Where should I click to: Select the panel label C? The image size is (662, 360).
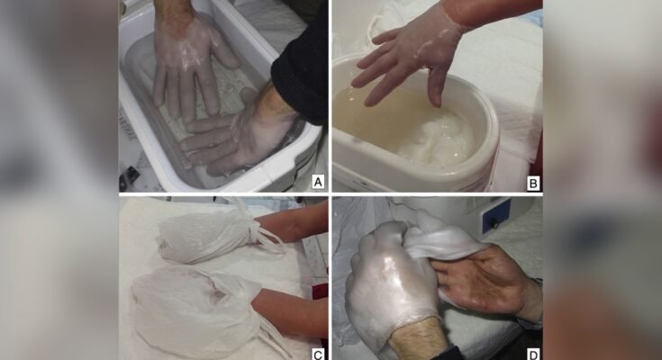[317, 353]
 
